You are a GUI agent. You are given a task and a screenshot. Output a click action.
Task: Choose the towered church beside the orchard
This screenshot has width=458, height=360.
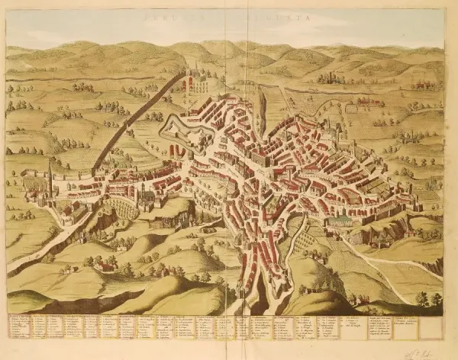click(x=145, y=197)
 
